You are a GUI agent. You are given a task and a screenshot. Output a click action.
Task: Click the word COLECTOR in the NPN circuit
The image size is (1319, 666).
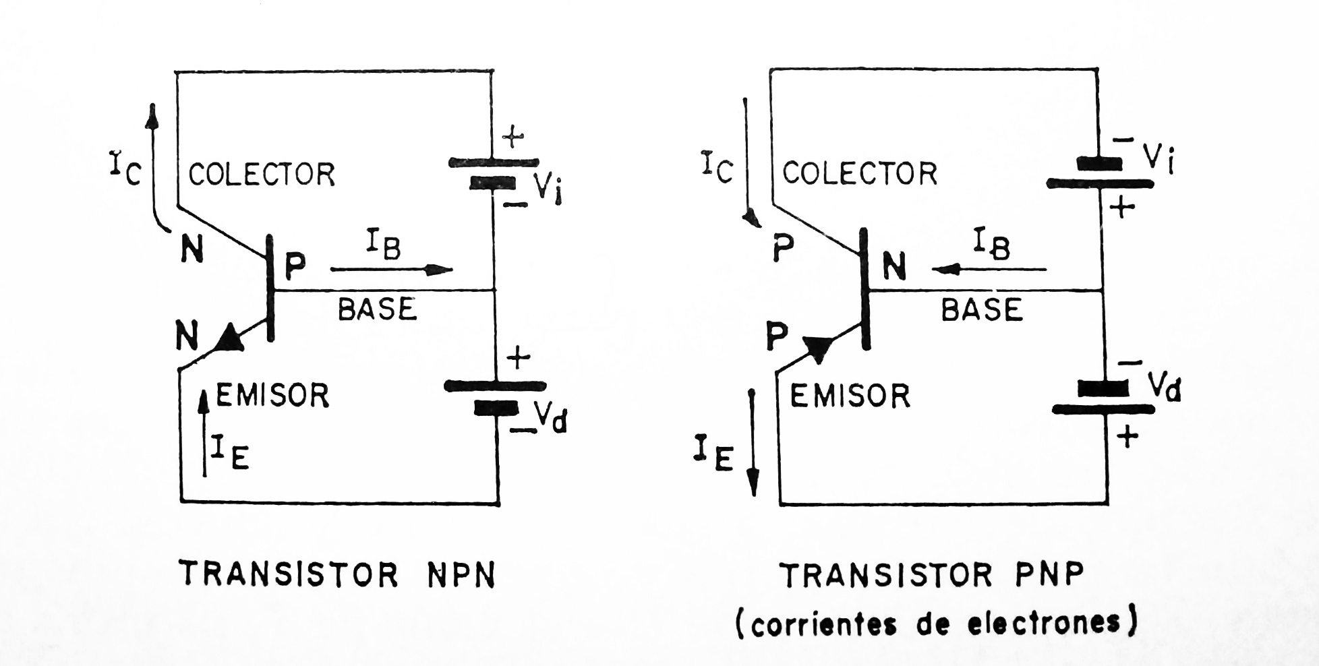pyautogui.click(x=262, y=175)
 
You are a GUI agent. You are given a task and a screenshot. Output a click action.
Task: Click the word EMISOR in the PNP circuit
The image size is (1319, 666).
pyautogui.click(x=850, y=396)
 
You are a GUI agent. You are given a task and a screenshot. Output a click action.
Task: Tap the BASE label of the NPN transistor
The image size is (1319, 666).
pyautogui.click(x=377, y=309)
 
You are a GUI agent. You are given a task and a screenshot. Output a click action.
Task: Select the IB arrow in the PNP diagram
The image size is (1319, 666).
pyautogui.click(x=989, y=270)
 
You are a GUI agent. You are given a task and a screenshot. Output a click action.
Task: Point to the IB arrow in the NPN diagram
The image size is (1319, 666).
pyautogui.click(x=391, y=270)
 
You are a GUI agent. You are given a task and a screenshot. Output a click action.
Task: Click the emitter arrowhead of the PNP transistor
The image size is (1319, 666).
pyautogui.click(x=818, y=349)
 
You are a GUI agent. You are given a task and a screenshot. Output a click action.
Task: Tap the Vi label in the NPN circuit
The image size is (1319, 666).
pyautogui.click(x=548, y=189)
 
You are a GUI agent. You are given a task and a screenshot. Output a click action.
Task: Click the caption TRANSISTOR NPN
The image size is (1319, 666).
pyautogui.click(x=337, y=576)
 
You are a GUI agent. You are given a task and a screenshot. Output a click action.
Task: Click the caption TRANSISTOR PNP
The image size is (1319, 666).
pyautogui.click(x=932, y=576)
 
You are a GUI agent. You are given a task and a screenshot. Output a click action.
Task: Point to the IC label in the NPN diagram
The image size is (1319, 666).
pyautogui.click(x=125, y=168)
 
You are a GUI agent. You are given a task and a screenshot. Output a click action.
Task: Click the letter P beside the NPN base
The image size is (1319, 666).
pyautogui.click(x=295, y=266)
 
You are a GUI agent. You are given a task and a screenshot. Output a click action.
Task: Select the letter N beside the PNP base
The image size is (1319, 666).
pyautogui.click(x=894, y=267)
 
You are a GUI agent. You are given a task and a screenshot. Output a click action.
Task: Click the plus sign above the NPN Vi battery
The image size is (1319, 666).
pyautogui.click(x=512, y=138)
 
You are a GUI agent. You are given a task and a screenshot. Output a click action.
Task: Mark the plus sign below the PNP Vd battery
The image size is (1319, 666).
pyautogui.click(x=1127, y=437)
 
